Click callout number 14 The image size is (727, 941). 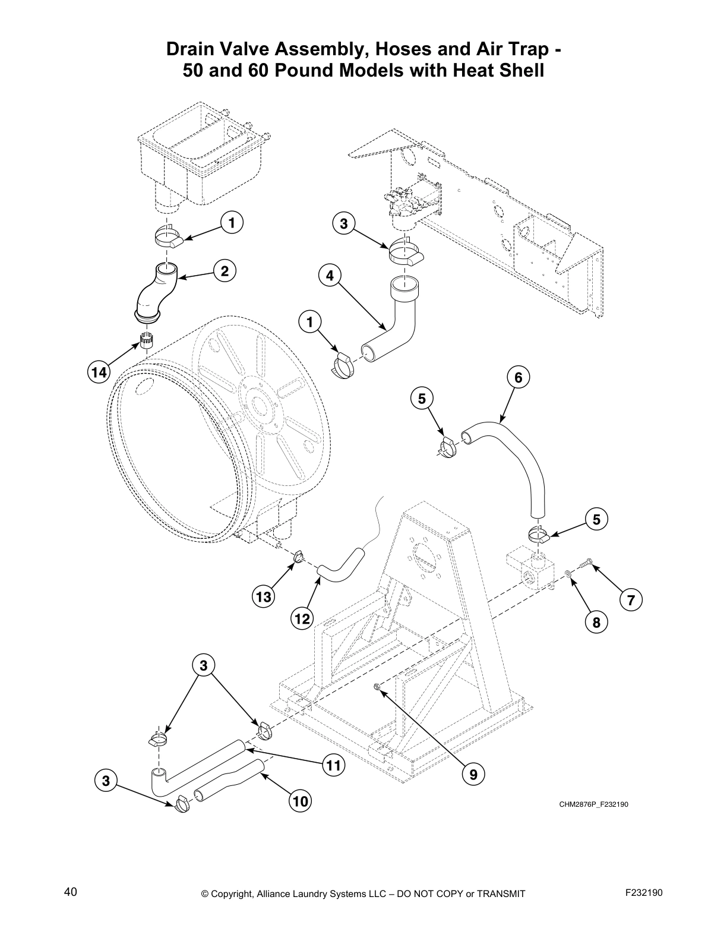click(99, 372)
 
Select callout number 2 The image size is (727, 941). click(225, 271)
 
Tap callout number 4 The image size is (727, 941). click(330, 276)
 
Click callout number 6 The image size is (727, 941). click(518, 377)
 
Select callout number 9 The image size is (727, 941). click(473, 775)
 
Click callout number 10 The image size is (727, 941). click(301, 801)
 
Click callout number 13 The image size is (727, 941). click(264, 596)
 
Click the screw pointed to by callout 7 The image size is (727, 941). click(585, 562)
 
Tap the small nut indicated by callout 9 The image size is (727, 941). click(377, 687)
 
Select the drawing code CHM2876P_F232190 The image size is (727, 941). click(593, 805)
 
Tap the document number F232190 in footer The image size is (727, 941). click(644, 892)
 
